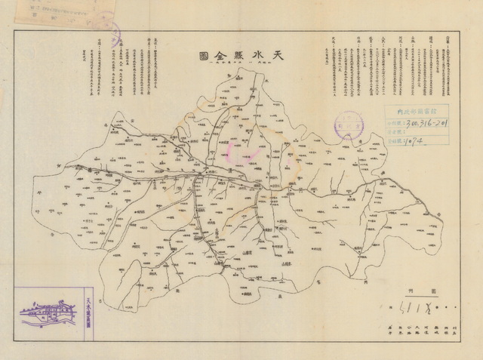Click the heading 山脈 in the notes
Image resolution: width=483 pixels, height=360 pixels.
point(414,38)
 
